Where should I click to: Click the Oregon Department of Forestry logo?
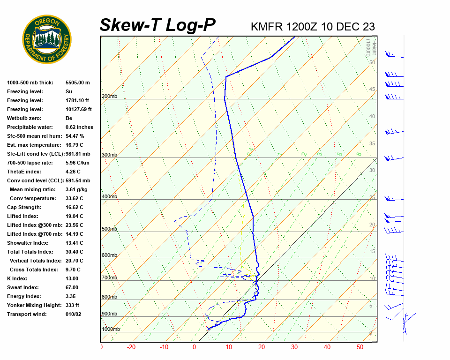(x=47, y=39)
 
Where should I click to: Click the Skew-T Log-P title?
(x=157, y=25)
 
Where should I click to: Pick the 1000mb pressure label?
(x=111, y=329)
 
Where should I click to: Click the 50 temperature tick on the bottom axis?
(x=360, y=347)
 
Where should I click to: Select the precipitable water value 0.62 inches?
(x=79, y=127)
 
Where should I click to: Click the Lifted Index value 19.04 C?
(x=74, y=216)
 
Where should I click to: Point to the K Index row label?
(x=18, y=278)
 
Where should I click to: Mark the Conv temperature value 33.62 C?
(x=74, y=198)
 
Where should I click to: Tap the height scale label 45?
(x=372, y=89)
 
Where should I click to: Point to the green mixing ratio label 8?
(x=358, y=154)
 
